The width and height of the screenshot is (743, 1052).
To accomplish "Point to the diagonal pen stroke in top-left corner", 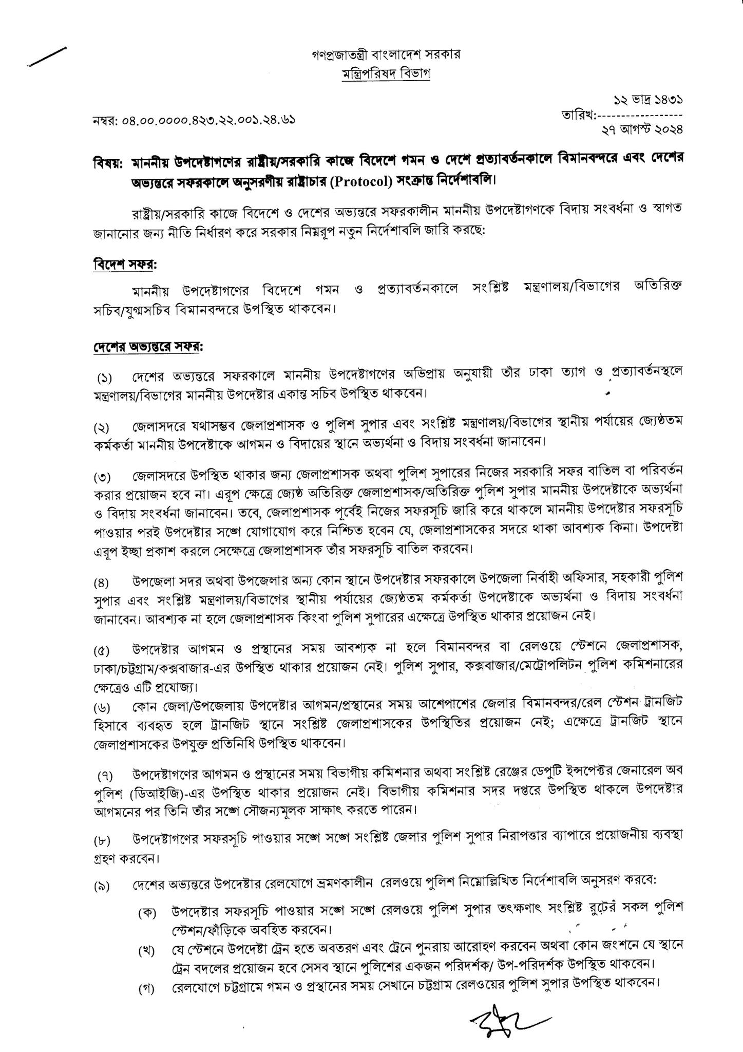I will [x=48, y=57].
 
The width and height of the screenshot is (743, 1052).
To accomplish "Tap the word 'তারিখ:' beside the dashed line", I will [x=580, y=116].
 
